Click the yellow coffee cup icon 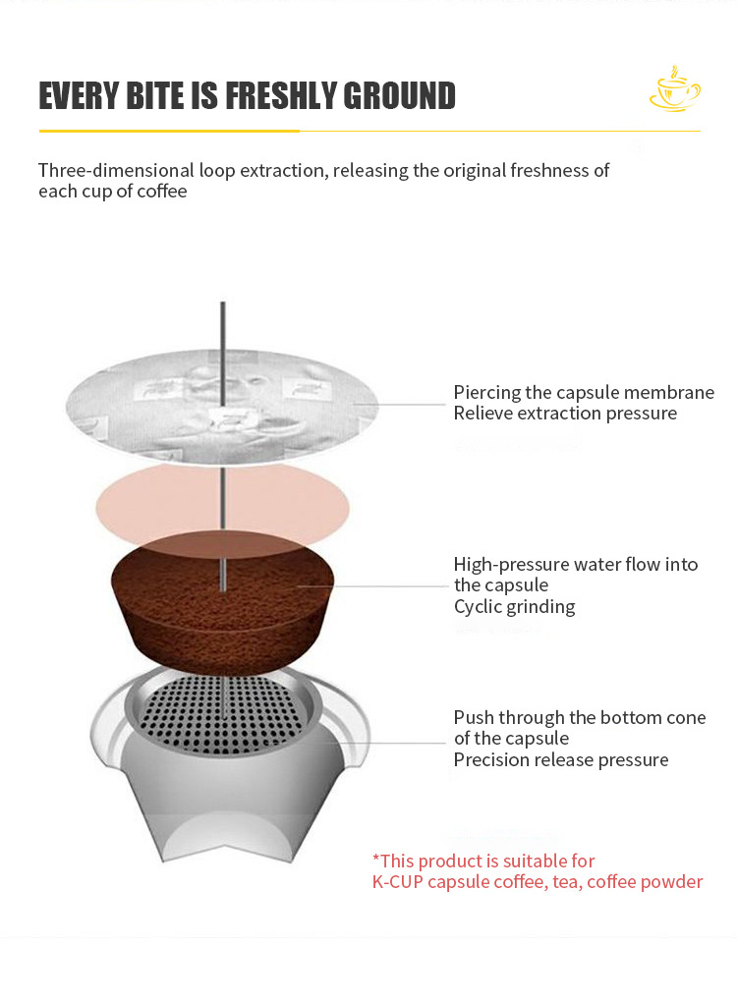pos(674,90)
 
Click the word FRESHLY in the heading pos(281,96)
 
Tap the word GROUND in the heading pos(400,96)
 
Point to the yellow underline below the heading pos(168,130)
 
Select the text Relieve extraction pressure pos(565,414)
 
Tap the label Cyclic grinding pos(514,607)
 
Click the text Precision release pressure pos(561,760)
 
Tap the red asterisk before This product pos(375,860)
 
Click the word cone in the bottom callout pos(686,718)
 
